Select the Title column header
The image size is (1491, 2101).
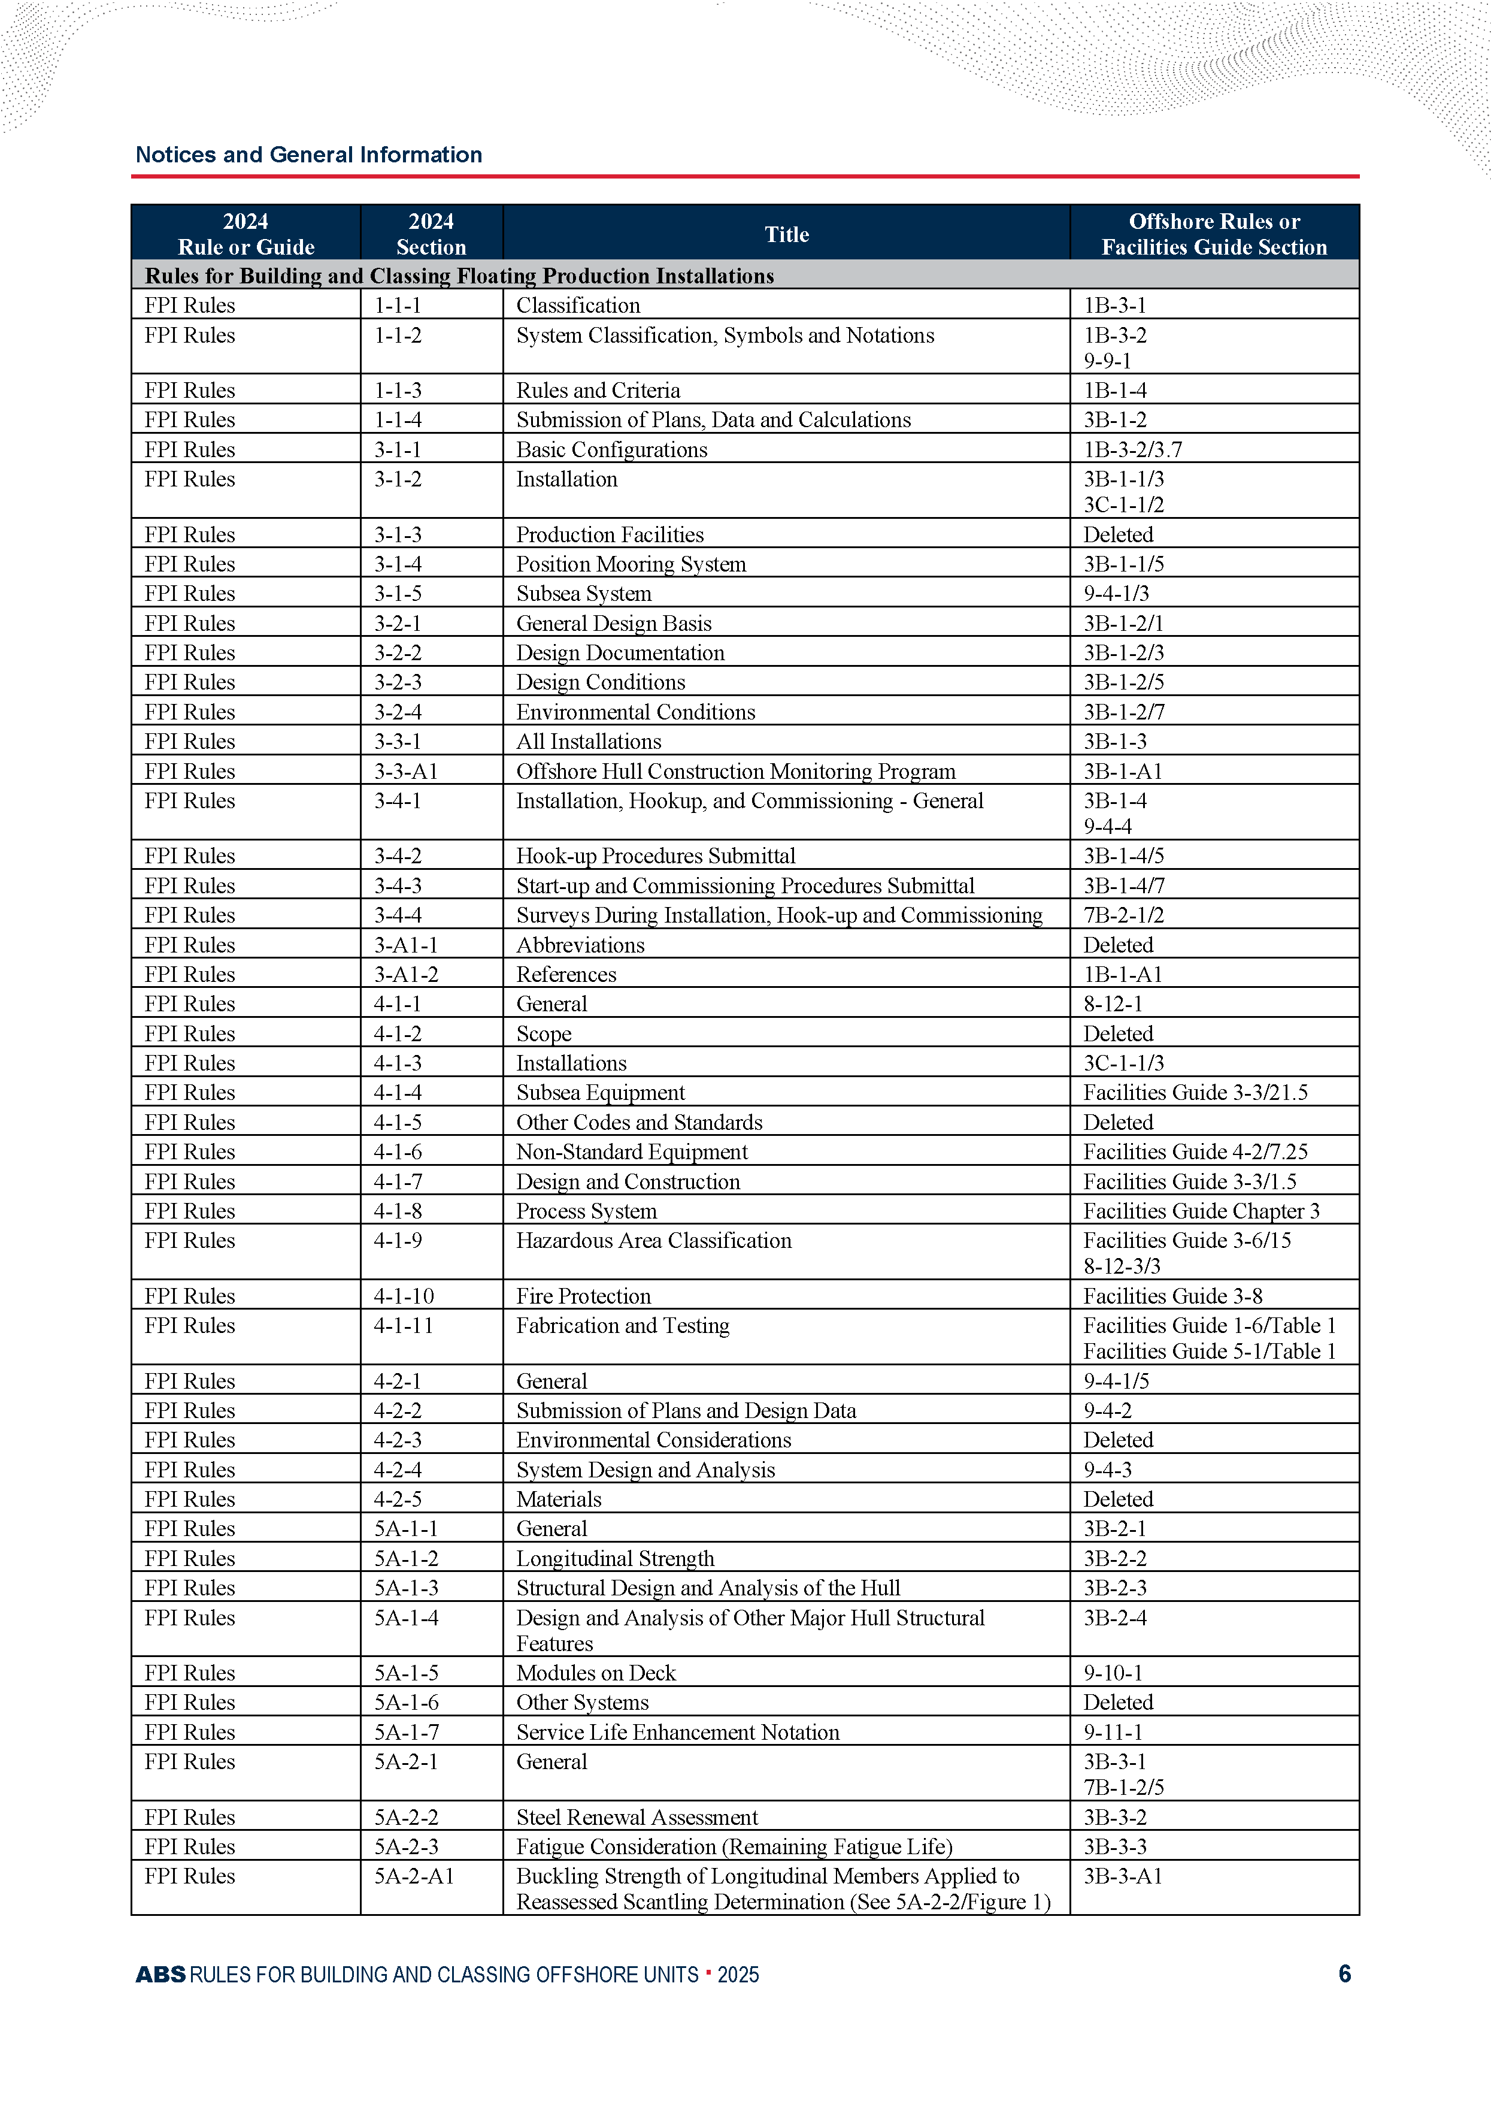[787, 234]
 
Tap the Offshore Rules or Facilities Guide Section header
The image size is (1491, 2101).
[1214, 234]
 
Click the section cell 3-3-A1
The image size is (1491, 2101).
[406, 772]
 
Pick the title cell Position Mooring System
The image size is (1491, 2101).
[631, 564]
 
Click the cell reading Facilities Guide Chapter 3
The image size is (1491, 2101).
[1201, 1211]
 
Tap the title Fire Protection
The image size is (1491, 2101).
[583, 1296]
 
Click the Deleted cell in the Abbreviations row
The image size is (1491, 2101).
[1117, 945]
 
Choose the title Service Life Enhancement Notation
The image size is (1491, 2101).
[678, 1732]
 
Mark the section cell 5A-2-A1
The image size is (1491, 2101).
[414, 1876]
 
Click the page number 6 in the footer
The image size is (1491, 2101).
[1344, 1973]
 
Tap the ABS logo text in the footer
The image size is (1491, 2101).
[160, 1974]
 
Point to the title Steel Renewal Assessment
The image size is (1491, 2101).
[637, 1817]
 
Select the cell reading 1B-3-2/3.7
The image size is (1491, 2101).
[1132, 450]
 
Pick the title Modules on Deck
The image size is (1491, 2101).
[596, 1673]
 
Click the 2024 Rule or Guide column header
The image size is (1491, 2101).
[246, 234]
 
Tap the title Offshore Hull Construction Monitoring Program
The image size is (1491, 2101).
[735, 772]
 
